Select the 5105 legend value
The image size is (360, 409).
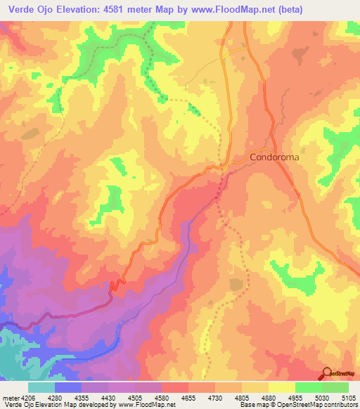348,397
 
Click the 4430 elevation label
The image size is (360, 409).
109,397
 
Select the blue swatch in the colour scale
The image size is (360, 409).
68,387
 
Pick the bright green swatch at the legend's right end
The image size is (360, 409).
335,387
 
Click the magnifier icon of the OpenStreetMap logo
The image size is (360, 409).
326,374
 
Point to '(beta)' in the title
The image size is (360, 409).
304,8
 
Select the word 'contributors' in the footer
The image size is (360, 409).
341,405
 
